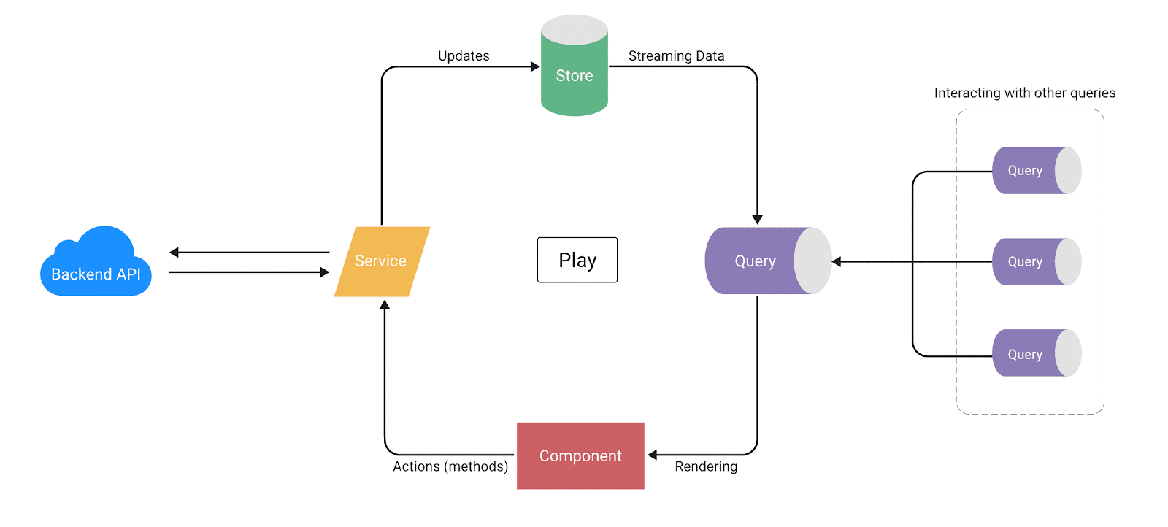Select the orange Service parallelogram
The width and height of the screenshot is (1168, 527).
point(381,261)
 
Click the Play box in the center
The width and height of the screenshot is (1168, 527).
point(577,260)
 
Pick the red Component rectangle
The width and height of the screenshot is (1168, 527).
point(580,455)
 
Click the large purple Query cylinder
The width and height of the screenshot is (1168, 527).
point(756,261)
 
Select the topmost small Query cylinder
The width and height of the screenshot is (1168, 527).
point(1026,171)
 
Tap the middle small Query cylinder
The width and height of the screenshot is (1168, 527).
point(1026,262)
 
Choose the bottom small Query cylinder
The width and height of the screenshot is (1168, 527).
point(1026,354)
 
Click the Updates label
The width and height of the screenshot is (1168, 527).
point(464,56)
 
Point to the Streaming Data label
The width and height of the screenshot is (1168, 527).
point(676,56)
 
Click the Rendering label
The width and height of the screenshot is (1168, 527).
point(706,466)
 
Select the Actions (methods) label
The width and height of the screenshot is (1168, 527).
point(450,466)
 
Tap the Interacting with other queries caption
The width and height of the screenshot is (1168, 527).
point(1025,93)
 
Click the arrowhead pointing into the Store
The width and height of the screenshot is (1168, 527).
point(535,66)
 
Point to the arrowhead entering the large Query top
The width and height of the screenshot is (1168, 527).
point(757,220)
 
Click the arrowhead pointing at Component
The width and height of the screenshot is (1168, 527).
point(653,455)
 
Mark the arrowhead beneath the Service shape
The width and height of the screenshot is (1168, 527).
point(385,305)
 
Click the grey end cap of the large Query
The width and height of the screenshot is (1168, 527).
point(813,261)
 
